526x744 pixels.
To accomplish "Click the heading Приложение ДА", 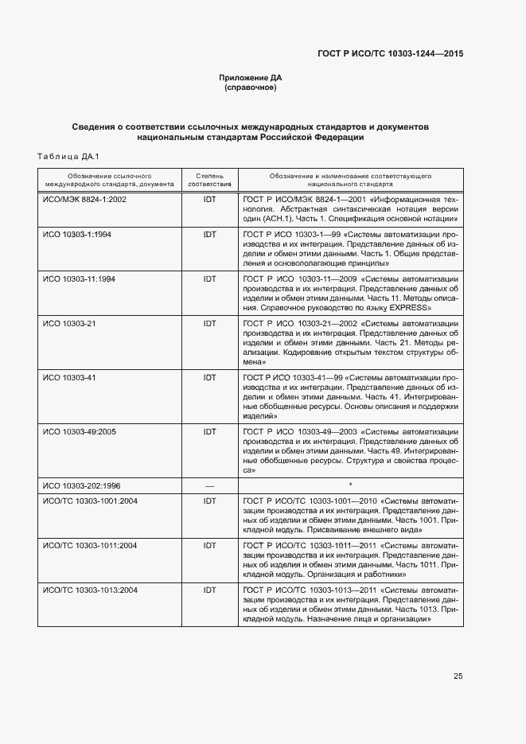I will coord(251,77).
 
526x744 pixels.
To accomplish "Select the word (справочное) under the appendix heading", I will coord(251,88).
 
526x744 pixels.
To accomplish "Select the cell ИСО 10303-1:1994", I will coord(77,235).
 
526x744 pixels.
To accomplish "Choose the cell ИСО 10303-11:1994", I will coord(79,279).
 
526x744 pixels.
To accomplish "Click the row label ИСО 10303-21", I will coord(68,323).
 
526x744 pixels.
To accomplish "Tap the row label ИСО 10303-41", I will coord(68,376).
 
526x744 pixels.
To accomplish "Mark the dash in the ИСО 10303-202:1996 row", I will coord(210,485).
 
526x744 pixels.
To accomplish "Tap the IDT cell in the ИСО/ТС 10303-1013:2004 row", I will coord(210,590).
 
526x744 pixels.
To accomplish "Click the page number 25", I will coord(458,676).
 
